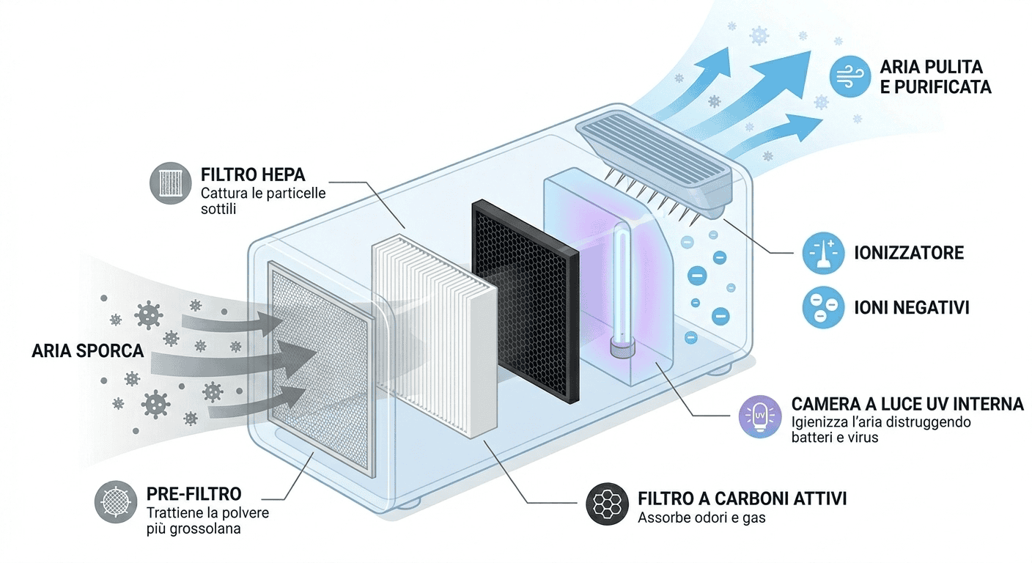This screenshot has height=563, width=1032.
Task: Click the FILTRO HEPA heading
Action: tap(253, 176)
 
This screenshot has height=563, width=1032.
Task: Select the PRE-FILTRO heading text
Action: tap(193, 494)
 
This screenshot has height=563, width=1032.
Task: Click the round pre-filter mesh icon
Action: tap(116, 501)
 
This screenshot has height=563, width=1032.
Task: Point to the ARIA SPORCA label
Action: tap(87, 350)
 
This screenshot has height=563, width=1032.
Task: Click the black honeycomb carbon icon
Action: tap(608, 504)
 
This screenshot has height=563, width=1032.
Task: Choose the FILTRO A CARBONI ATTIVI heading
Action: tap(742, 499)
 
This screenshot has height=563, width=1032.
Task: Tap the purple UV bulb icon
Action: tap(759, 416)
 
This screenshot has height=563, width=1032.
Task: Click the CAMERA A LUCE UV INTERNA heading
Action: tap(907, 405)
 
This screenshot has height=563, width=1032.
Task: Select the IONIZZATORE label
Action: tap(908, 254)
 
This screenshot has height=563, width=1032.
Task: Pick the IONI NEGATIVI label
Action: tap(911, 307)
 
